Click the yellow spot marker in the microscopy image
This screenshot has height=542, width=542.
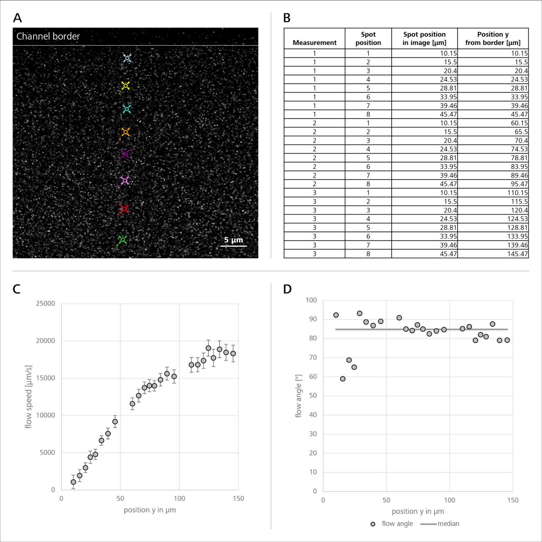(126, 86)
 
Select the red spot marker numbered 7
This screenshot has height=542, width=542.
(124, 209)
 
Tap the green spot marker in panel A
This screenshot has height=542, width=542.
(123, 239)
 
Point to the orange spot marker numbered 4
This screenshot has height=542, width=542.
(126, 132)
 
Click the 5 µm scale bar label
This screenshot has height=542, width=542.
(233, 240)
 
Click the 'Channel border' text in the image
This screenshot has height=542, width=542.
(48, 37)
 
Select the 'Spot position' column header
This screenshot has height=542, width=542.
(368, 38)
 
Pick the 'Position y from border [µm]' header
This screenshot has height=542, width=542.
(493, 38)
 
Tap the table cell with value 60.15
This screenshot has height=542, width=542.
(519, 123)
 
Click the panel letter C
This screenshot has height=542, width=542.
(17, 289)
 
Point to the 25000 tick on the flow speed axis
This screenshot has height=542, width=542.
(45, 303)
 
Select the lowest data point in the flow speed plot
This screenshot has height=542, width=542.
(73, 482)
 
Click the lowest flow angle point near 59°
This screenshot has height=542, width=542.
(343, 379)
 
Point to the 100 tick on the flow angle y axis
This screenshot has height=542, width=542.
(311, 300)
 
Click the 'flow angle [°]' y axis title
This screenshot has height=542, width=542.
(298, 396)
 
